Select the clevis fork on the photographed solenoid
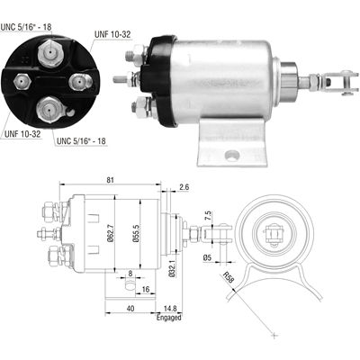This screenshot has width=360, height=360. pos(334,84)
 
